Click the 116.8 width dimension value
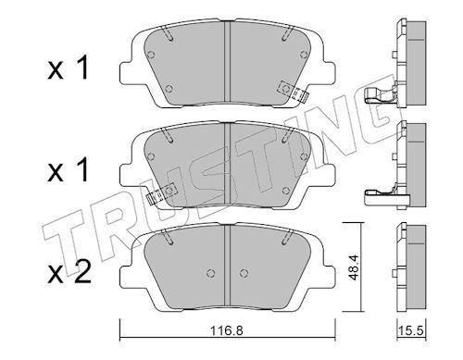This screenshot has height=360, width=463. [x=227, y=330]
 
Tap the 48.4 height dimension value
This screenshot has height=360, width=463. [x=354, y=267]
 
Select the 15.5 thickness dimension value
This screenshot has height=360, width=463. [x=411, y=331]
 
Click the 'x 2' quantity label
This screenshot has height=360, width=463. [x=69, y=271]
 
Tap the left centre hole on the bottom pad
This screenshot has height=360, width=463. [x=210, y=273]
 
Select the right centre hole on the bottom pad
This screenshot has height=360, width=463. [x=244, y=273]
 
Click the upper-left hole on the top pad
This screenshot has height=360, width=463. [x=151, y=55]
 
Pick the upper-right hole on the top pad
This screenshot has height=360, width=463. [x=304, y=55]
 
